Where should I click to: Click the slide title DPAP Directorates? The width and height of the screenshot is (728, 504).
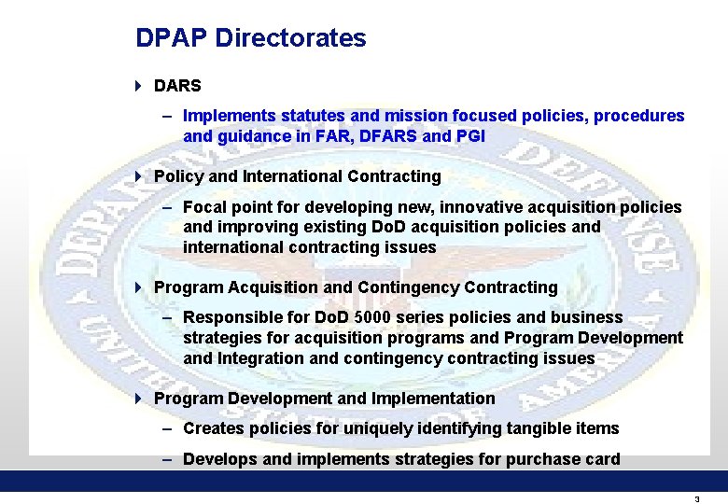tap(250, 38)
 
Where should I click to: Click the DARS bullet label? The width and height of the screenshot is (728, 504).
tap(177, 87)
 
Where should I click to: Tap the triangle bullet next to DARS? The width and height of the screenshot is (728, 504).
tap(138, 87)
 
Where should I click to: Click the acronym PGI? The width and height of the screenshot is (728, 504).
tap(469, 136)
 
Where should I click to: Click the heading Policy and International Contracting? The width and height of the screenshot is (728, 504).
tap(297, 176)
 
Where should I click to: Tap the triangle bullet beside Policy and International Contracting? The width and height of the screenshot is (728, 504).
tap(138, 176)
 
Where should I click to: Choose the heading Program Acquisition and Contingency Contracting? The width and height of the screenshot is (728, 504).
tap(356, 287)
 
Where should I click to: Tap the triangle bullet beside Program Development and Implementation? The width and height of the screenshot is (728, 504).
tap(138, 399)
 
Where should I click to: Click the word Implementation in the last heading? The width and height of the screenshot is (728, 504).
tap(433, 399)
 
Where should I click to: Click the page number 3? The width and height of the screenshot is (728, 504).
tap(696, 499)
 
